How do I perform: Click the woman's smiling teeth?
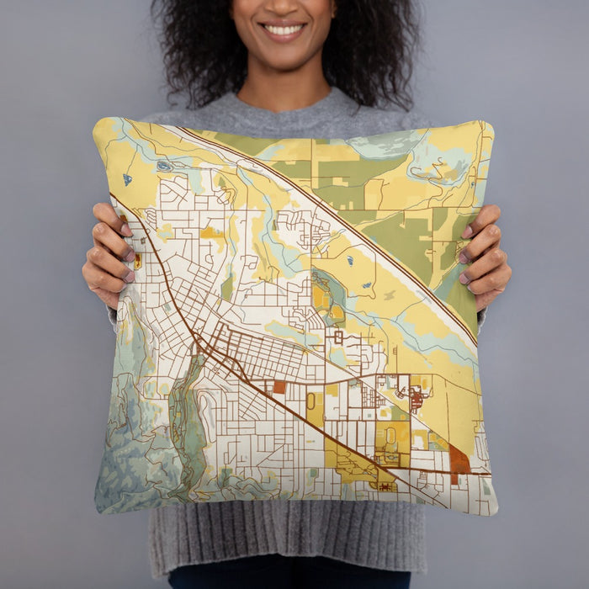click(x=283, y=29)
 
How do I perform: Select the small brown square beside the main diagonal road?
click(x=279, y=386)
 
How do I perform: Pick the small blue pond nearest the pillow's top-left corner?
click(x=127, y=179)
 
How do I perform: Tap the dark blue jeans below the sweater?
click(x=286, y=580)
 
